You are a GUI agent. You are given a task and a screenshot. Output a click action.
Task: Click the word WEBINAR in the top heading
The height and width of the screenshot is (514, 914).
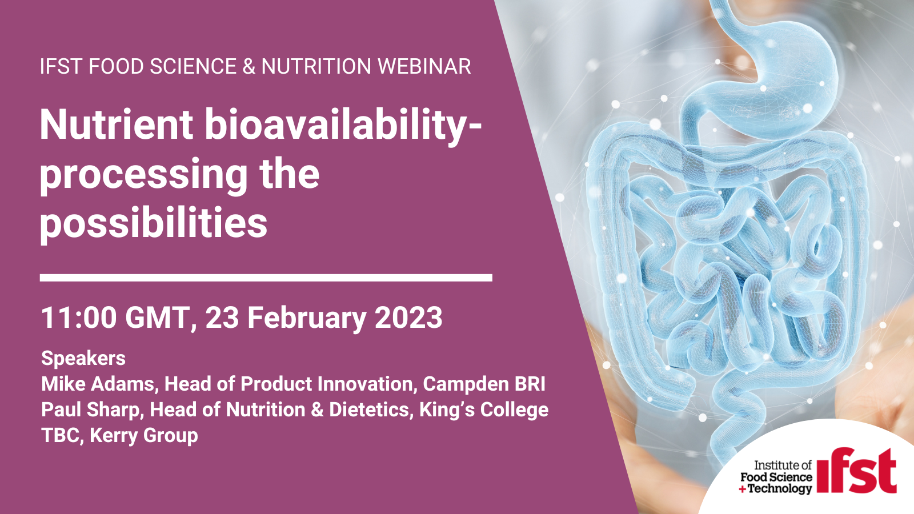pos(424,66)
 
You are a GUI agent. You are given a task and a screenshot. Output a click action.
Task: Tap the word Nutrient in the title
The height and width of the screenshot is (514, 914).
pos(117,125)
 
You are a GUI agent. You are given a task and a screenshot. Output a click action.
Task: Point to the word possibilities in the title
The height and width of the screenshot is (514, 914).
pos(154,223)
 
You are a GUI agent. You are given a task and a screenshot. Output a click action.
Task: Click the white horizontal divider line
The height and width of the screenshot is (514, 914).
pos(266,278)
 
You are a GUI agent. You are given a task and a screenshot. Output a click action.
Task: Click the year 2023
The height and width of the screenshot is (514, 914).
pos(408,318)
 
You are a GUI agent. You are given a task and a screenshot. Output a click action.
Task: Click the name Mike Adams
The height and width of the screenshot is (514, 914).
pos(98,384)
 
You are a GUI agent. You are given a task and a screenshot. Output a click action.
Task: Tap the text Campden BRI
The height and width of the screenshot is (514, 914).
pos(484,384)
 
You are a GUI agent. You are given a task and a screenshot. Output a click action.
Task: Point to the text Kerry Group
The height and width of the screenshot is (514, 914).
pos(143,436)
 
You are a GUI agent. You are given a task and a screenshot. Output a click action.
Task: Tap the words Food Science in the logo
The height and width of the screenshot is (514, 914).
pos(776,477)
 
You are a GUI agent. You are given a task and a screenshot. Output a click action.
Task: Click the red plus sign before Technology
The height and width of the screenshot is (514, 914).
pos(743,489)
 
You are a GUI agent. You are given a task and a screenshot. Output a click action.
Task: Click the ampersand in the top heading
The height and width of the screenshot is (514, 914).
pos(249,66)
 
